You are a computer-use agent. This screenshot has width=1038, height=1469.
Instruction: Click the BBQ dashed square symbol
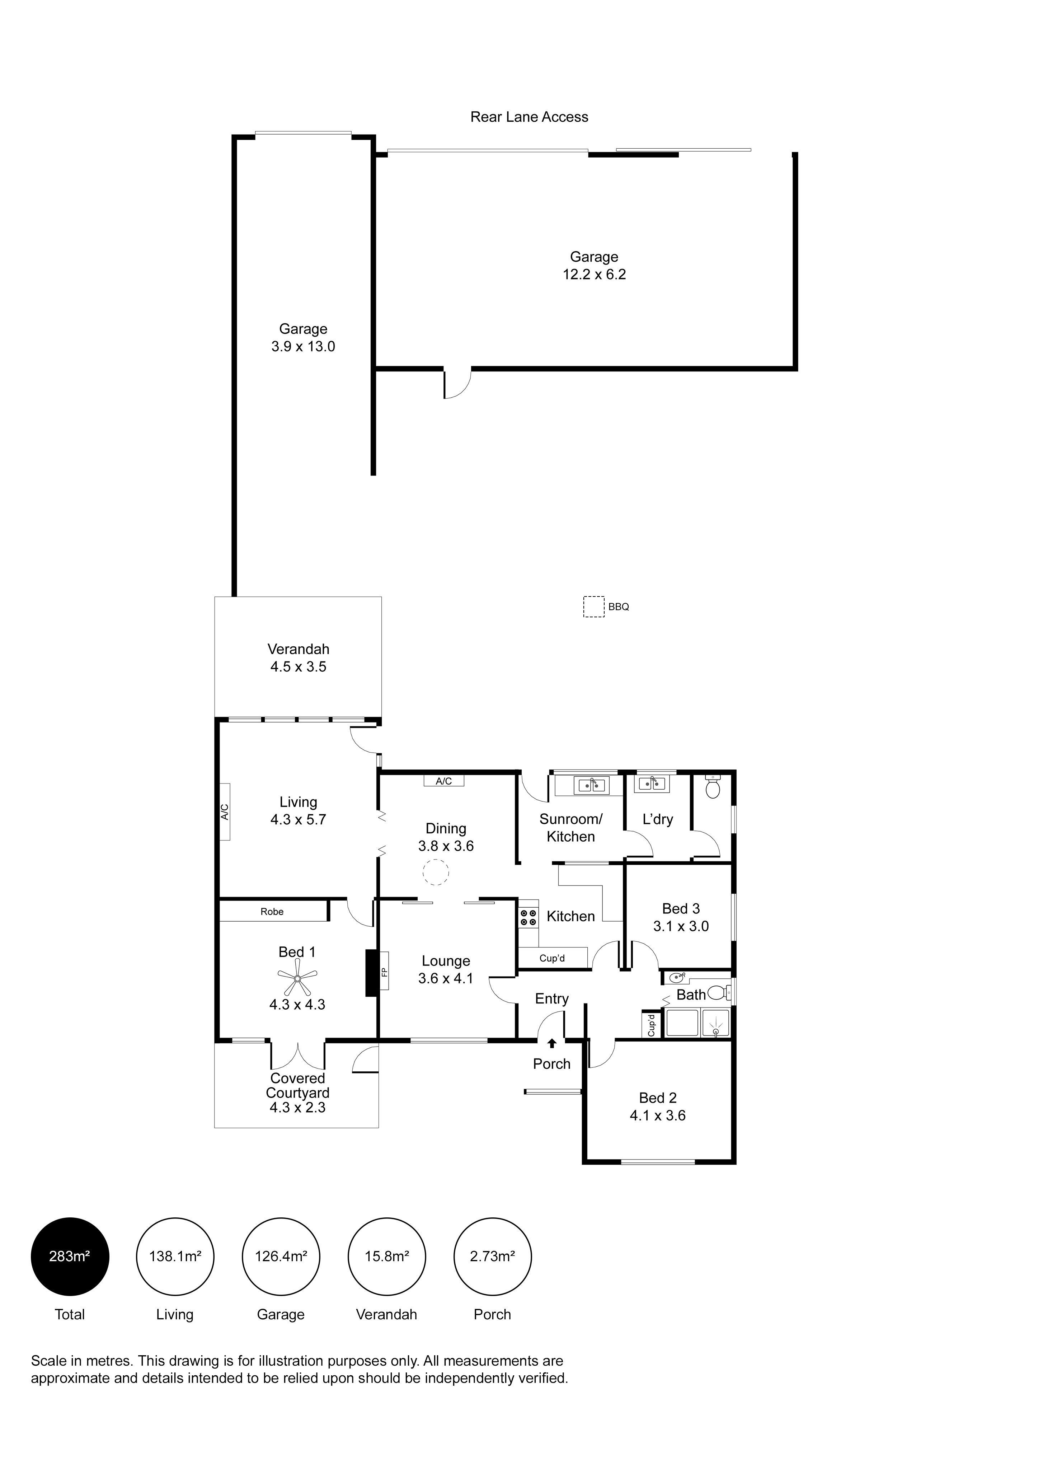point(593,607)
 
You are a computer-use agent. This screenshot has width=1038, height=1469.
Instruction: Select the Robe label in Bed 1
point(272,912)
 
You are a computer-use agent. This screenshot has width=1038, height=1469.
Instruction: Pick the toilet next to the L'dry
point(713,787)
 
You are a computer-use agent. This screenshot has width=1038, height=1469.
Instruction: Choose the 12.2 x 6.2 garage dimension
point(594,275)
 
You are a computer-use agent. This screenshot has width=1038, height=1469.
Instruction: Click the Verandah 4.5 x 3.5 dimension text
point(298,667)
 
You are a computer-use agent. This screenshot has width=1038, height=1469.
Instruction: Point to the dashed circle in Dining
point(436,873)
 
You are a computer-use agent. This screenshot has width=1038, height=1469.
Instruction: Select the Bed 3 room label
point(681,908)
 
